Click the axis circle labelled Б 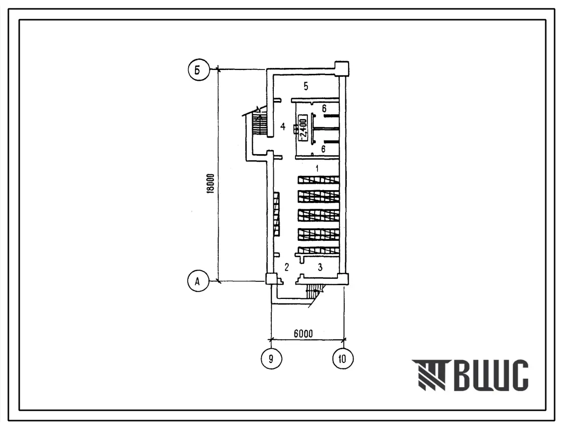[198, 70]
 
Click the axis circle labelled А [198, 281]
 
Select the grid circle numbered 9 [271, 358]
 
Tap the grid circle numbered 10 [343, 358]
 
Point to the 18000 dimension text [211, 184]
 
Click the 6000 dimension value [303, 333]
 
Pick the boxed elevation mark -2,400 [302, 128]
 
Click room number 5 [305, 86]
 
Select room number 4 [283, 126]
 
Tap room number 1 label [317, 168]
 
